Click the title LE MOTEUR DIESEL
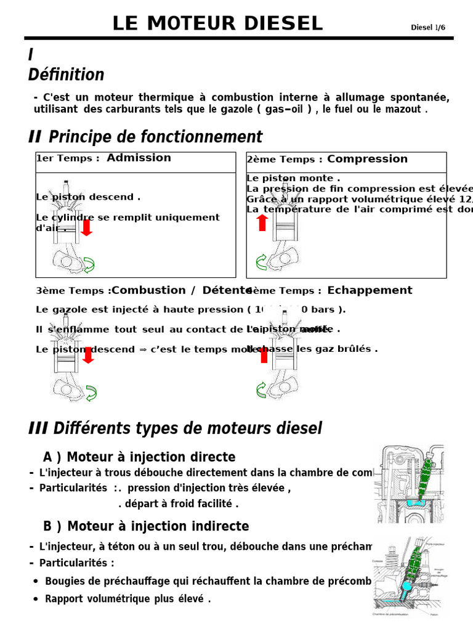[x=217, y=23]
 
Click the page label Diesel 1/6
[x=427, y=27]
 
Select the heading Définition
[x=66, y=75]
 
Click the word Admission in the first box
[x=139, y=158]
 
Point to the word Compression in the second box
[x=367, y=159]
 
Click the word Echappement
[x=370, y=290]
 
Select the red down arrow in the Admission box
[x=87, y=227]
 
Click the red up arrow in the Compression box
[x=262, y=222]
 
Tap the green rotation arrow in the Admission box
[x=89, y=266]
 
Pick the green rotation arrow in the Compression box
[x=261, y=262]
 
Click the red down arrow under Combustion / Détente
[x=88, y=354]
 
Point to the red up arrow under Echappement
[x=264, y=354]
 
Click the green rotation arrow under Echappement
[x=261, y=389]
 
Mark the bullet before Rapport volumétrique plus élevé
[x=36, y=599]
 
